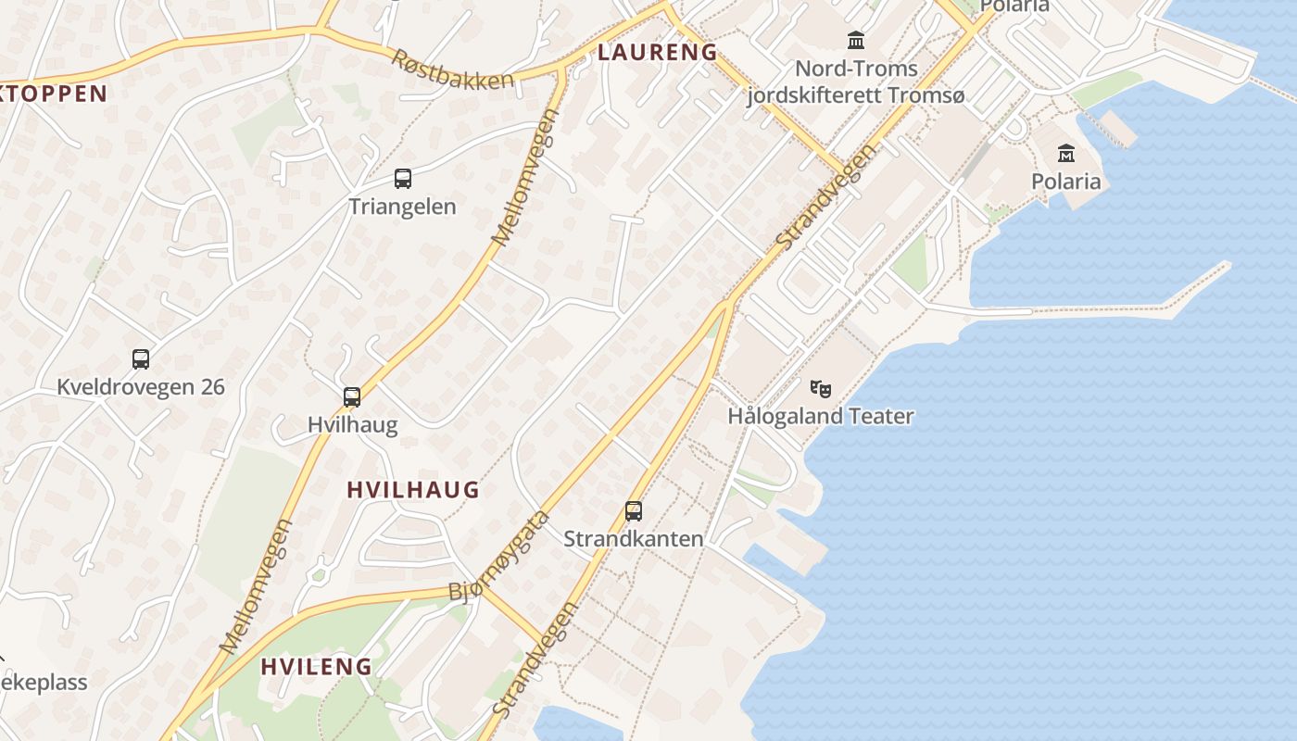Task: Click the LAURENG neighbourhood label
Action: tap(657, 53)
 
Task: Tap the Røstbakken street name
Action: tap(452, 69)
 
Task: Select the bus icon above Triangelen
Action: tap(403, 179)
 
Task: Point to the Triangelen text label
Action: tap(402, 207)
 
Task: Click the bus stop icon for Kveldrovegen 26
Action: tap(141, 359)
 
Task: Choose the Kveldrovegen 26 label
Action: tap(141, 387)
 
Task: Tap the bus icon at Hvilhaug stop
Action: tap(352, 397)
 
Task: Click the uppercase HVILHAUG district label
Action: tap(412, 490)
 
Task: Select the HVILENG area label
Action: tap(316, 666)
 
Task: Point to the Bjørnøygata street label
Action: tap(500, 556)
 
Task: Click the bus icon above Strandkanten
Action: tap(634, 510)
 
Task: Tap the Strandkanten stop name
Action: tap(634, 539)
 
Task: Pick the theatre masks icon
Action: tap(821, 389)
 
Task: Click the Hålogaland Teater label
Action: tap(821, 417)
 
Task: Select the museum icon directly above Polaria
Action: tap(1066, 153)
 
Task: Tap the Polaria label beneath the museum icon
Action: tap(1066, 181)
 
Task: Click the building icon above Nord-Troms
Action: tap(856, 41)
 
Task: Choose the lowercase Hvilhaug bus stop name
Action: tap(352, 425)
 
